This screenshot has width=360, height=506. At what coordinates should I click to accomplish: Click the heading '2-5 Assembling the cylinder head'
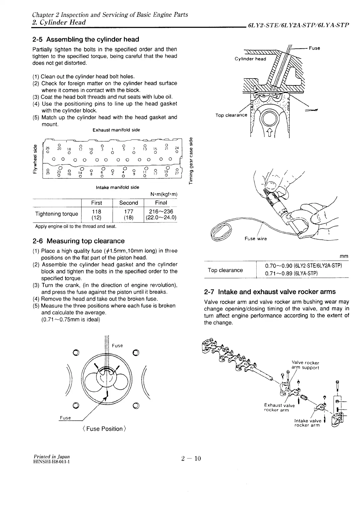coord(86,39)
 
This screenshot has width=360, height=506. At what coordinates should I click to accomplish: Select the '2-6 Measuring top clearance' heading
coord(78,241)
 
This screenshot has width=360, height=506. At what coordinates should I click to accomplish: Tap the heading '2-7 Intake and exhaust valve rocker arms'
coord(270,292)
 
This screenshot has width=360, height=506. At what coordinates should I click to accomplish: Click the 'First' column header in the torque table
coord(96,203)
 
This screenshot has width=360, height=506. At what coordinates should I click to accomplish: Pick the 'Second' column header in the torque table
coord(129,203)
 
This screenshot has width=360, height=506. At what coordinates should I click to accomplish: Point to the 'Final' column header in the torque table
coord(161,203)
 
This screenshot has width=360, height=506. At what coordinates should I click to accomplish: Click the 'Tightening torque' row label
coord(56,214)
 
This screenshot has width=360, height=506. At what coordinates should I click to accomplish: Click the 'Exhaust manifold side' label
coord(116,130)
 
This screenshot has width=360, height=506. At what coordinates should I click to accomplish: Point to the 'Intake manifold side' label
coord(117,187)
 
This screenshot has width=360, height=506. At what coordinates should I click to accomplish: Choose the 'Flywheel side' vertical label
coord(35,159)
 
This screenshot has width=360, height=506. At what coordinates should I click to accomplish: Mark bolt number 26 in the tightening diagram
coord(47,148)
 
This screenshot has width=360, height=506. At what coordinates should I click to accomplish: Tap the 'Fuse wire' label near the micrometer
coord(255,239)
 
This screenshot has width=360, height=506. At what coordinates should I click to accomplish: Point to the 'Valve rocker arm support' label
coord(305,365)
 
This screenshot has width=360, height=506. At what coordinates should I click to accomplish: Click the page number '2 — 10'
coord(191,458)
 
